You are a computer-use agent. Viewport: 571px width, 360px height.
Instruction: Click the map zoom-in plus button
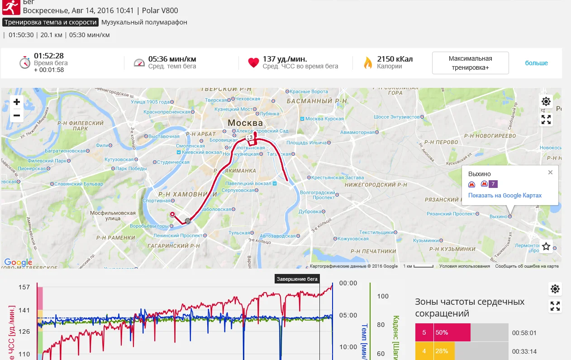17,102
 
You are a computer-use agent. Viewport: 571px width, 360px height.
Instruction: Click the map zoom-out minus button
17,115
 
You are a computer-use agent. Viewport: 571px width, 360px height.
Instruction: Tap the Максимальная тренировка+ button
470,63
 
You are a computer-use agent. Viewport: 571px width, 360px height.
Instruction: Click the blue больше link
536,63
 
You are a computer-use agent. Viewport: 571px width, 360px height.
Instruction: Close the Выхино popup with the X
550,173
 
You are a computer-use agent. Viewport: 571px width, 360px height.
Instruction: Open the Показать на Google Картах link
504,196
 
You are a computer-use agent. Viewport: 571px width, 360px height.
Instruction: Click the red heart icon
253,63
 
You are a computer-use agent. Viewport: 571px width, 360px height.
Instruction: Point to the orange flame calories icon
368,63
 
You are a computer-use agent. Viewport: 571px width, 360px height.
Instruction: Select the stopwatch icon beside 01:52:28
25,62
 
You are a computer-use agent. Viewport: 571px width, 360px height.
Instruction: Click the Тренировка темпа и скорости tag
50,22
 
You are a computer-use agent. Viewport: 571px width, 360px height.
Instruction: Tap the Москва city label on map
245,123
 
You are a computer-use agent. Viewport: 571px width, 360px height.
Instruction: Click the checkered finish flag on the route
188,221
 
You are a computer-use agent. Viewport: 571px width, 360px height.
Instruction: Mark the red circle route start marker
172,214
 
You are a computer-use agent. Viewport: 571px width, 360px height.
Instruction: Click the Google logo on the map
18,262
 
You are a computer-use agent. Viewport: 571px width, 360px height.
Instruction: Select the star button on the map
546,247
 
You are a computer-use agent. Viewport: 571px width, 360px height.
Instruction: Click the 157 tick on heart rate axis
24,287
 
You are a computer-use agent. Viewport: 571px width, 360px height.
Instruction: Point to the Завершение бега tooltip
297,279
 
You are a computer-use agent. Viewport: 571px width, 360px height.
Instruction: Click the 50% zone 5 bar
452,333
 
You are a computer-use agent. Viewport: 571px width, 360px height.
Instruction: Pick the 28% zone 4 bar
443,351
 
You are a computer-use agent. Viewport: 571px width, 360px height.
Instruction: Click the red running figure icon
11,6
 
